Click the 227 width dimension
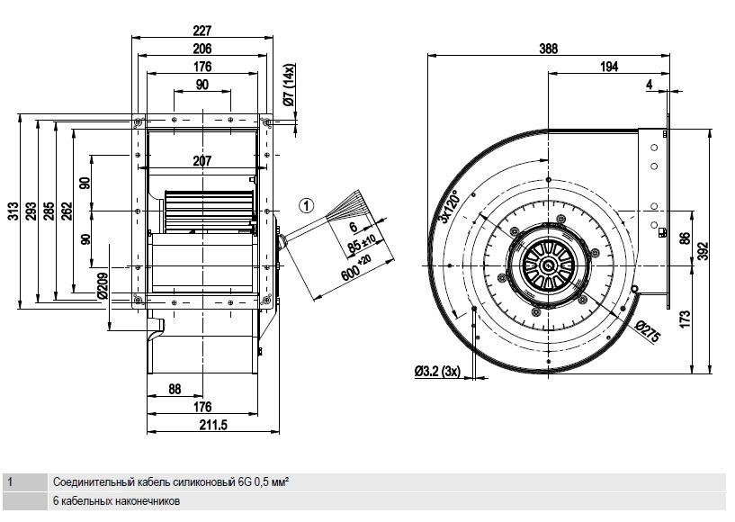[202, 31]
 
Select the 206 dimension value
[202, 49]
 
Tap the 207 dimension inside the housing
[202, 161]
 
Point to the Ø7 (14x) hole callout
[289, 85]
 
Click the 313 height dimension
[13, 211]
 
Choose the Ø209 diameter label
[103, 285]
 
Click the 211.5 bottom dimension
[213, 425]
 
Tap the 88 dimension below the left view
[175, 389]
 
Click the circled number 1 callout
[307, 205]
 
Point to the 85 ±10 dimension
[362, 243]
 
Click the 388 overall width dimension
[548, 49]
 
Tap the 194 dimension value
[608, 67]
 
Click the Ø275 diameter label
[649, 331]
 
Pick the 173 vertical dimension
[685, 319]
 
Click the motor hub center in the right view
[548, 265]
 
